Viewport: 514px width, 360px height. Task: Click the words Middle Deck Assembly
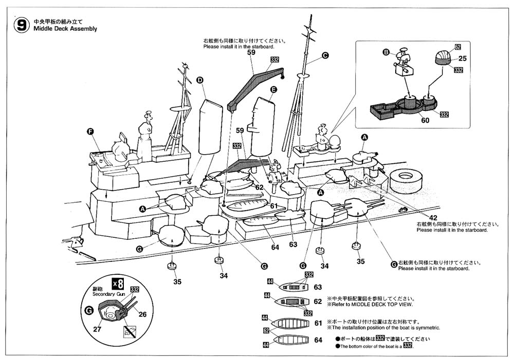tap(65, 29)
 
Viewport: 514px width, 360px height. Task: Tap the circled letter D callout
tap(200, 80)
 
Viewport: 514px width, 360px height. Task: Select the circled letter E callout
tap(273, 89)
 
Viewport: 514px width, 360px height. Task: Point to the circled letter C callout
tap(325, 55)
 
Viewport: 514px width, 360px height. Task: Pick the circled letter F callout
tap(90, 132)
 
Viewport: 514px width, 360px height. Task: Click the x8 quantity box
tap(118, 283)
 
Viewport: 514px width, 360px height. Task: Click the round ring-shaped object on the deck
tap(407, 180)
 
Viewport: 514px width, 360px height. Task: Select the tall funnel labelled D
tap(210, 126)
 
